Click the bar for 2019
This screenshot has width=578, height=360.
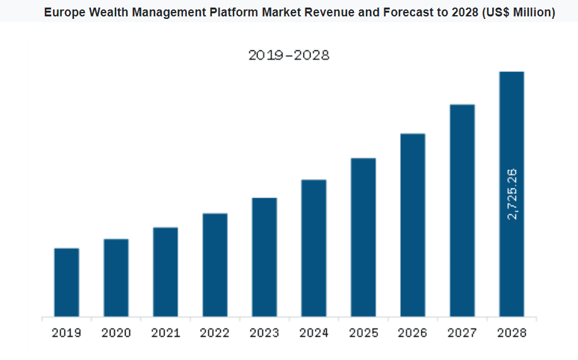tap(66, 282)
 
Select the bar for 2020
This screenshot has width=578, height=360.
tap(116, 277)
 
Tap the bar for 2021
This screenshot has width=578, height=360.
tap(165, 272)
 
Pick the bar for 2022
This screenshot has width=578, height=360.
tap(215, 265)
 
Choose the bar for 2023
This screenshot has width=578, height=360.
tap(264, 257)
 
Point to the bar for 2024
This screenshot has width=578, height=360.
tap(314, 248)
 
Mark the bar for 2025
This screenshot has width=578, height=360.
tap(363, 237)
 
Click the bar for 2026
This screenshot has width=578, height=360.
tap(413, 224)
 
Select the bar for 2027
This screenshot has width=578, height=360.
tap(462, 210)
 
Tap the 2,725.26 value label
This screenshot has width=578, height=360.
tap(512, 194)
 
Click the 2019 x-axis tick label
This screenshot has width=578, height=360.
tap(66, 333)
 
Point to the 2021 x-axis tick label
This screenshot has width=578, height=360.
tap(165, 333)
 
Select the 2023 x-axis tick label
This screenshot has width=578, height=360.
tap(264, 333)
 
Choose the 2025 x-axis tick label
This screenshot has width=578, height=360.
tap(363, 333)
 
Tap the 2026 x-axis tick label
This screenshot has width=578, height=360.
tap(413, 333)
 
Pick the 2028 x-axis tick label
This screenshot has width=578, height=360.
tap(512, 333)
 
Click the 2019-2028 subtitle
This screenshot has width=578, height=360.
tap(289, 55)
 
